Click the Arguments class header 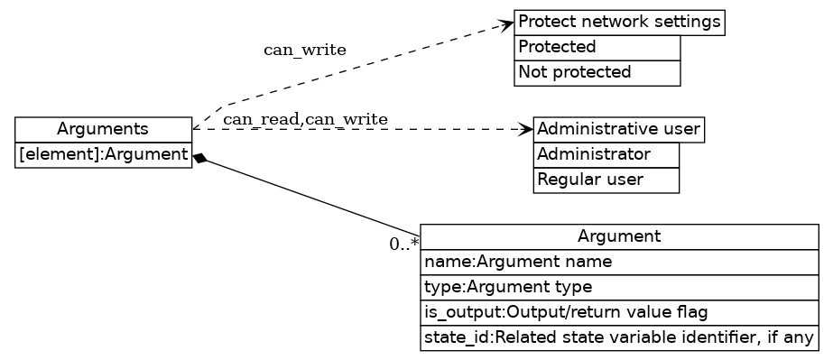[103, 129]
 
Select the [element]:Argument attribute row [103, 155]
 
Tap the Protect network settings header [620, 22]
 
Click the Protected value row [597, 47]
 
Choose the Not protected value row [597, 72]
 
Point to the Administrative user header [618, 129]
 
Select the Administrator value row [606, 154]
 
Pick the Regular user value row [606, 180]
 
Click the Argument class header [619, 236]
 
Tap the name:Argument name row [619, 262]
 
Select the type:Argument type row [619, 287]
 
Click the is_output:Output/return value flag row [619, 312]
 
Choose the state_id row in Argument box [619, 338]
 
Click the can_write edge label [304, 50]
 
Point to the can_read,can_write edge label [305, 119]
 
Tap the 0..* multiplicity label [403, 244]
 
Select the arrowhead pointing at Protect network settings [507, 25]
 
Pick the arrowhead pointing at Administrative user [526, 129]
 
